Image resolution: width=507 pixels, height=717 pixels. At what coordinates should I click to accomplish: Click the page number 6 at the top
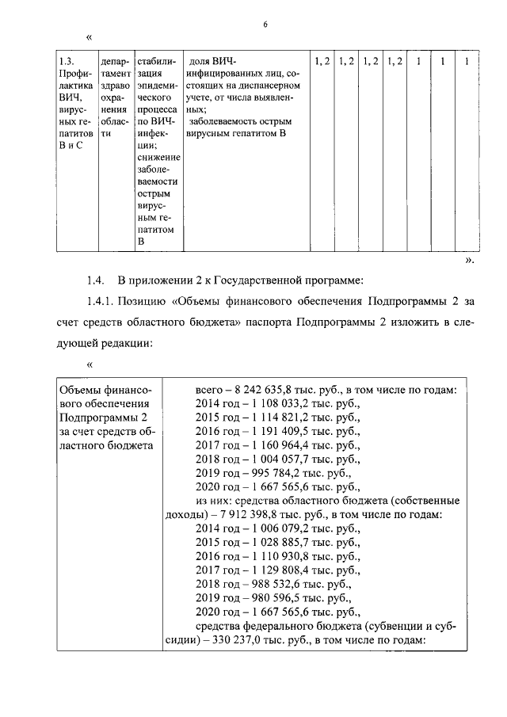265,25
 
